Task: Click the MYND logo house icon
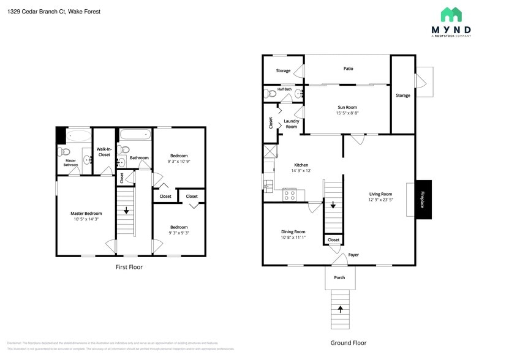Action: coord(451,15)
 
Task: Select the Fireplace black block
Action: coord(423,199)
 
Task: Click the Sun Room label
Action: coord(347,107)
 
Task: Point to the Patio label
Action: coord(348,69)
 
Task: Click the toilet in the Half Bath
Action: coord(270,94)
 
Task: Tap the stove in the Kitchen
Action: coord(290,195)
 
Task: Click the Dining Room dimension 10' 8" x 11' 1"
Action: coord(293,238)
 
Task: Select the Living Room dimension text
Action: coord(380,200)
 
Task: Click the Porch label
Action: coord(339,277)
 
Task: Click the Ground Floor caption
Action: coord(349,343)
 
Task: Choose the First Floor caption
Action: coord(129,267)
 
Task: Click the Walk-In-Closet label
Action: coord(104,152)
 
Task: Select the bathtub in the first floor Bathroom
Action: coord(134,135)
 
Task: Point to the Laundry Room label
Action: coord(292,124)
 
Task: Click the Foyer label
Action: coord(353,255)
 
